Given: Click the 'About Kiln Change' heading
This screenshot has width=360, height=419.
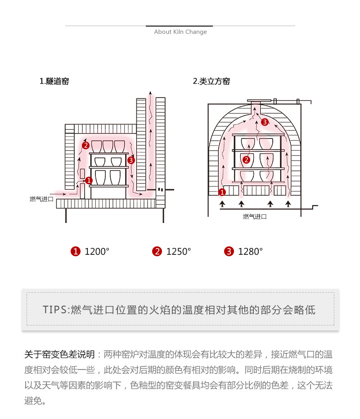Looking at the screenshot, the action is [x=180, y=32].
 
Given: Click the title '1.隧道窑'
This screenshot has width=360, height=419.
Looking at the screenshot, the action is [x=54, y=81].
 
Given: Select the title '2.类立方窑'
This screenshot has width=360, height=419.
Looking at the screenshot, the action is [x=211, y=81].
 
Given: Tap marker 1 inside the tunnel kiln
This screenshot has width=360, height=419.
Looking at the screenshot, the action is [x=89, y=180].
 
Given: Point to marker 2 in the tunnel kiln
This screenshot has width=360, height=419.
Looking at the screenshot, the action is [x=85, y=145].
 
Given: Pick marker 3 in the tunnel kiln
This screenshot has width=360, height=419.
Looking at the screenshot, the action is [x=131, y=160].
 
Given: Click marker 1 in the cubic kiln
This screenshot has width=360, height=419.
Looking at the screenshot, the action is [x=222, y=192].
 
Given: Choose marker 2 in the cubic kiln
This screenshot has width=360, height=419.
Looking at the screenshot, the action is [x=246, y=160].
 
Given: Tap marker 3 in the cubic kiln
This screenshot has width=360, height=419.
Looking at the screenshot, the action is [x=265, y=122].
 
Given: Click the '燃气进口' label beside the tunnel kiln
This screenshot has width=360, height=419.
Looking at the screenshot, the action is [x=41, y=199].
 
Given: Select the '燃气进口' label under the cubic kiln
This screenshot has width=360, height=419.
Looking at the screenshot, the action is [x=255, y=217].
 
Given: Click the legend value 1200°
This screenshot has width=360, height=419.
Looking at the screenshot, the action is [x=97, y=252].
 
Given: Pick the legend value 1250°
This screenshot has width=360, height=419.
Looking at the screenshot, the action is [x=179, y=252].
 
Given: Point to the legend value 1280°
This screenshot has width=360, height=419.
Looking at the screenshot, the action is [x=250, y=252].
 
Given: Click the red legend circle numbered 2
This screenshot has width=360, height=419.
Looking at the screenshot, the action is [x=157, y=252].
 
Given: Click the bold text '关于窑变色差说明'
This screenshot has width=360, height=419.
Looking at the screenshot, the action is [x=59, y=355].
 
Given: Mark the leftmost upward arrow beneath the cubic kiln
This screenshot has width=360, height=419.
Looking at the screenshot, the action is [x=222, y=205].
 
